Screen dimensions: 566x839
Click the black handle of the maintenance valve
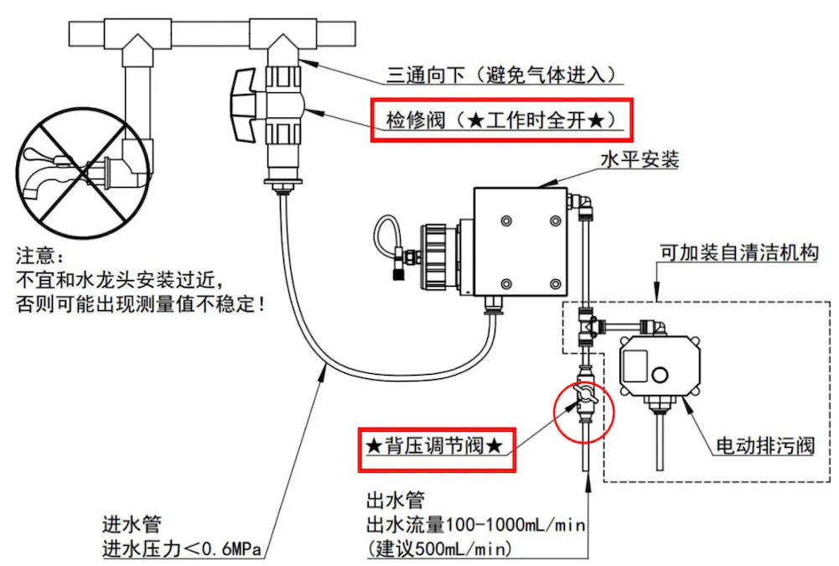(x=242, y=106)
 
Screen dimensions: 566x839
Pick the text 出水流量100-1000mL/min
(x=475, y=525)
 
